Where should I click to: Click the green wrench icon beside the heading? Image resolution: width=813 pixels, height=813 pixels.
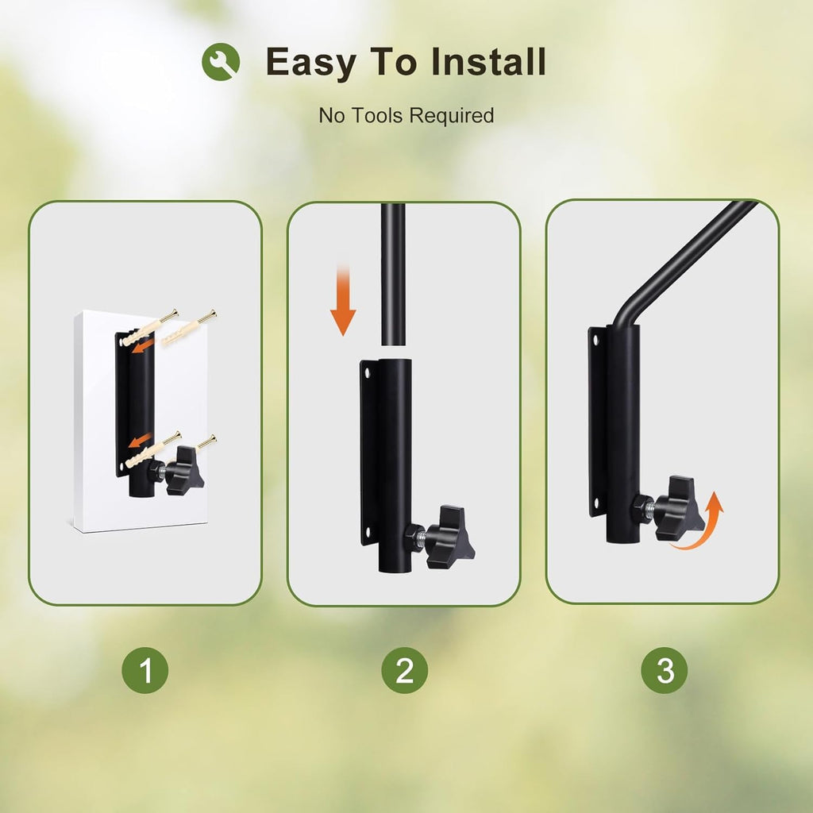point(221,62)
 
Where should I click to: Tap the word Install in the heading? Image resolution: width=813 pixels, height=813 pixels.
point(488,62)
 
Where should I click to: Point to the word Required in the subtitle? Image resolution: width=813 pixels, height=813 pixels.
point(452,116)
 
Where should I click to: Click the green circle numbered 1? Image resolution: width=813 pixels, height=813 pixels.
point(145,670)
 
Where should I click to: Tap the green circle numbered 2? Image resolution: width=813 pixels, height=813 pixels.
point(404,670)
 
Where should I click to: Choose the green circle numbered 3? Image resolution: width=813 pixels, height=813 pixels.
point(665,670)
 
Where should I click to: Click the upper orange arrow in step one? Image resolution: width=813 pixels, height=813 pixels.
point(143,346)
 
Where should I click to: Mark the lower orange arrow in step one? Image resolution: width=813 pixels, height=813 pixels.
point(140,440)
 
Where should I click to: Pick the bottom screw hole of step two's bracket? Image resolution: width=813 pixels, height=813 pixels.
point(368,531)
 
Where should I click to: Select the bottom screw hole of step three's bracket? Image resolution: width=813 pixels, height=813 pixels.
point(595,503)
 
